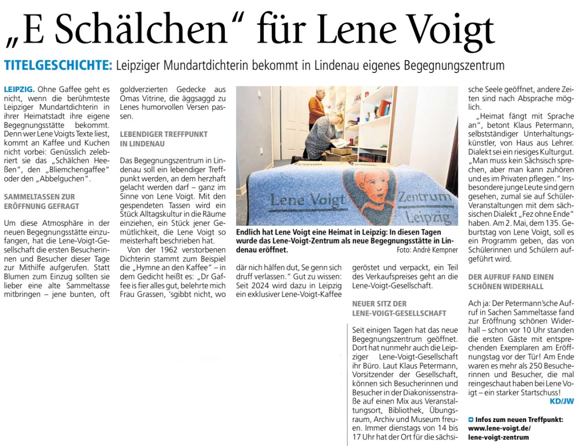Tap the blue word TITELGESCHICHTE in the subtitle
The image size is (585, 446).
pyautogui.click(x=58, y=65)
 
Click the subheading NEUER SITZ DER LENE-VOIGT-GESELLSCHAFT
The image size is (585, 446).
pyautogui.click(x=399, y=308)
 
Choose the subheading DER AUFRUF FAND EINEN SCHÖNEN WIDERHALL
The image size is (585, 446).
pyautogui.click(x=509, y=281)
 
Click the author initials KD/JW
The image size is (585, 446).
pyautogui.click(x=561, y=401)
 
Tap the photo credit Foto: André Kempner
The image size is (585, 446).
pyautogui.click(x=427, y=250)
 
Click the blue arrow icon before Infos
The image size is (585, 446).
pyautogui.click(x=471, y=419)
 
